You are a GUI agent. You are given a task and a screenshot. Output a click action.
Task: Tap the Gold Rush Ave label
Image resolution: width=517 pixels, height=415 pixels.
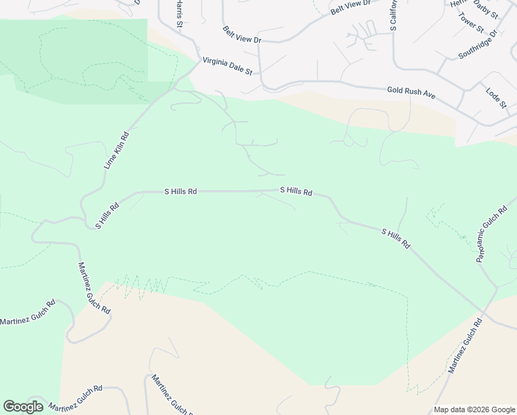[411, 91]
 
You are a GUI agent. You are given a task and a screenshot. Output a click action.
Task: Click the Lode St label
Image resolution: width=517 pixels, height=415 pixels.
[496, 98]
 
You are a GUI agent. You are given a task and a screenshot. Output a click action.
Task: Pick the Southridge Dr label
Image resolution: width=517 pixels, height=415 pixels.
[477, 45]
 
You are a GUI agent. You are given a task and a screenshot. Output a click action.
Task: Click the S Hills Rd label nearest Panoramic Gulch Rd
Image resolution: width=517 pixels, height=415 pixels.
[396, 239]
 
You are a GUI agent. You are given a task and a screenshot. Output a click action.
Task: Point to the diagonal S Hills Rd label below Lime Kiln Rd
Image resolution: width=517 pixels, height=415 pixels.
[107, 215]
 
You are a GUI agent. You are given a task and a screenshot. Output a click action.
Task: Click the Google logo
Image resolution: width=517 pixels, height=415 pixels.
[23, 407]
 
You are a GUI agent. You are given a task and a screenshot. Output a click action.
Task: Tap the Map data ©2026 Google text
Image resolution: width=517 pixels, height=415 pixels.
[474, 409]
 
